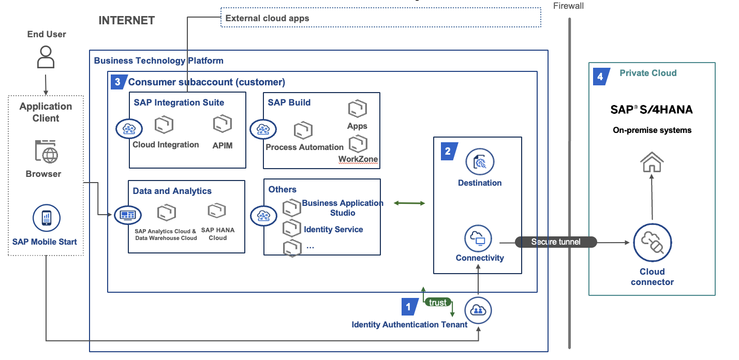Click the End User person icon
[46, 57]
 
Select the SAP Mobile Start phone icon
[47, 218]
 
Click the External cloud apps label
[267, 18]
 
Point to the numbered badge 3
[118, 81]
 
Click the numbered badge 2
[448, 151]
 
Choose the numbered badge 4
[600, 77]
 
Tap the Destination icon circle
[480, 162]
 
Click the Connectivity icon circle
[479, 238]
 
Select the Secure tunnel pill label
[556, 242]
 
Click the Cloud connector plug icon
[652, 243]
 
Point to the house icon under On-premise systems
[652, 163]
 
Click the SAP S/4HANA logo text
[652, 109]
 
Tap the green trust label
[438, 303]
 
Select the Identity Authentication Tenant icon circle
[478, 310]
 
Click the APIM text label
[223, 145]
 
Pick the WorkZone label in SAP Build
[358, 159]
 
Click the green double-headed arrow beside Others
[409, 203]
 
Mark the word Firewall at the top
[569, 6]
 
